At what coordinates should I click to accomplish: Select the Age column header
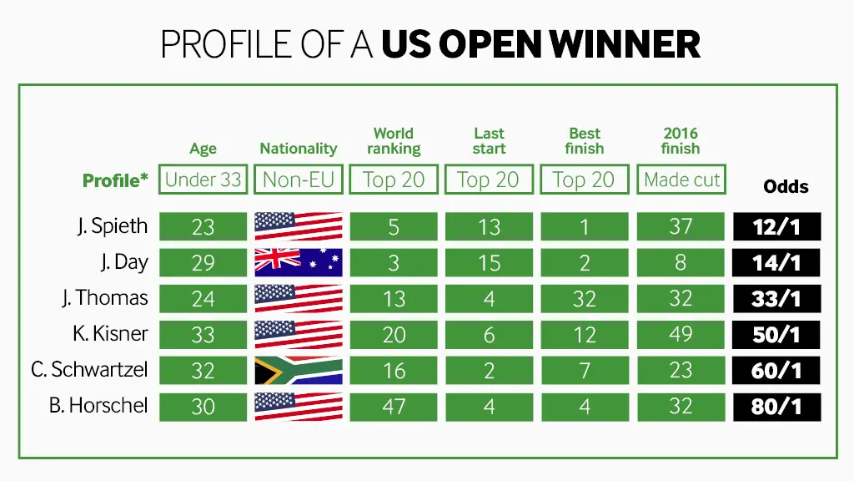tap(203, 149)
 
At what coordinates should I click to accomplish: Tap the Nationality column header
tap(298, 149)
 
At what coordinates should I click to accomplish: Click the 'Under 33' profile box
tap(203, 180)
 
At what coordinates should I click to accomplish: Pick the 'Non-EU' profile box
tap(299, 180)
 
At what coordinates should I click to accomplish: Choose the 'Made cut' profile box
tap(681, 180)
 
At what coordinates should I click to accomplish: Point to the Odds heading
tap(786, 186)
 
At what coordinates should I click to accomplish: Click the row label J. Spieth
tap(113, 225)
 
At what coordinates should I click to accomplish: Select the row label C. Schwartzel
tap(89, 370)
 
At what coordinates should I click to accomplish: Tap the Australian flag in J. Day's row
tap(299, 262)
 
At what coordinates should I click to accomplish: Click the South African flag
tap(299, 370)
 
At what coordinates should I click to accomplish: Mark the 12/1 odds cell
tap(776, 226)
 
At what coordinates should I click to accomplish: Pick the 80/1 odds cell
tap(776, 407)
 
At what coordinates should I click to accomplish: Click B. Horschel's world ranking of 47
tap(394, 407)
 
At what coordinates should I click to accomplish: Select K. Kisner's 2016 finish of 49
tap(681, 334)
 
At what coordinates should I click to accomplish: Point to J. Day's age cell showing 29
tap(203, 262)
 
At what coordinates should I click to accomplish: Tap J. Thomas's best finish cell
tap(585, 298)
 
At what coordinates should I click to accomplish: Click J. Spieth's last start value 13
tap(489, 226)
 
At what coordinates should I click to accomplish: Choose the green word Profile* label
tap(115, 180)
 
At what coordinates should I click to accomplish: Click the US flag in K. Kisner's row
tap(299, 334)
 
